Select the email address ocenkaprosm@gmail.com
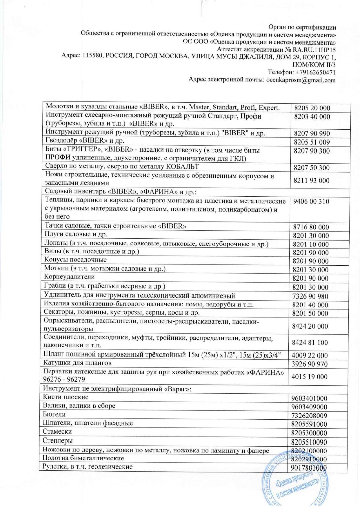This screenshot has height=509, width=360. [x=301, y=80]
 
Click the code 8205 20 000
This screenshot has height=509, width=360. [x=312, y=108]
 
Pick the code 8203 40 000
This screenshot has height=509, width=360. [x=312, y=117]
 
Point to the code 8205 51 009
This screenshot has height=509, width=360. [x=312, y=142]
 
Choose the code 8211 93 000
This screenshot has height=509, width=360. [x=312, y=180]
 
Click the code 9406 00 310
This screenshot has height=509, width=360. [x=311, y=202]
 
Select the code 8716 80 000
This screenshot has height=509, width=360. [x=311, y=227]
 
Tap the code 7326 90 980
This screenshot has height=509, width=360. [x=310, y=296]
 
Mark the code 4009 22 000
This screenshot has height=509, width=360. [x=310, y=356]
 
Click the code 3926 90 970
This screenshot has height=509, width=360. [x=310, y=364]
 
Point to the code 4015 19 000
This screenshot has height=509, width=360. [x=309, y=377]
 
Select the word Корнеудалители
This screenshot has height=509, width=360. [x=69, y=277]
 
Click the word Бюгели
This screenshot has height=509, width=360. [x=54, y=414]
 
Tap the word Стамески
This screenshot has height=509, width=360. [x=57, y=432]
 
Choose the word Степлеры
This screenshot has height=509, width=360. [x=57, y=441]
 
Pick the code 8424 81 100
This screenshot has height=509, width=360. [x=310, y=343]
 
